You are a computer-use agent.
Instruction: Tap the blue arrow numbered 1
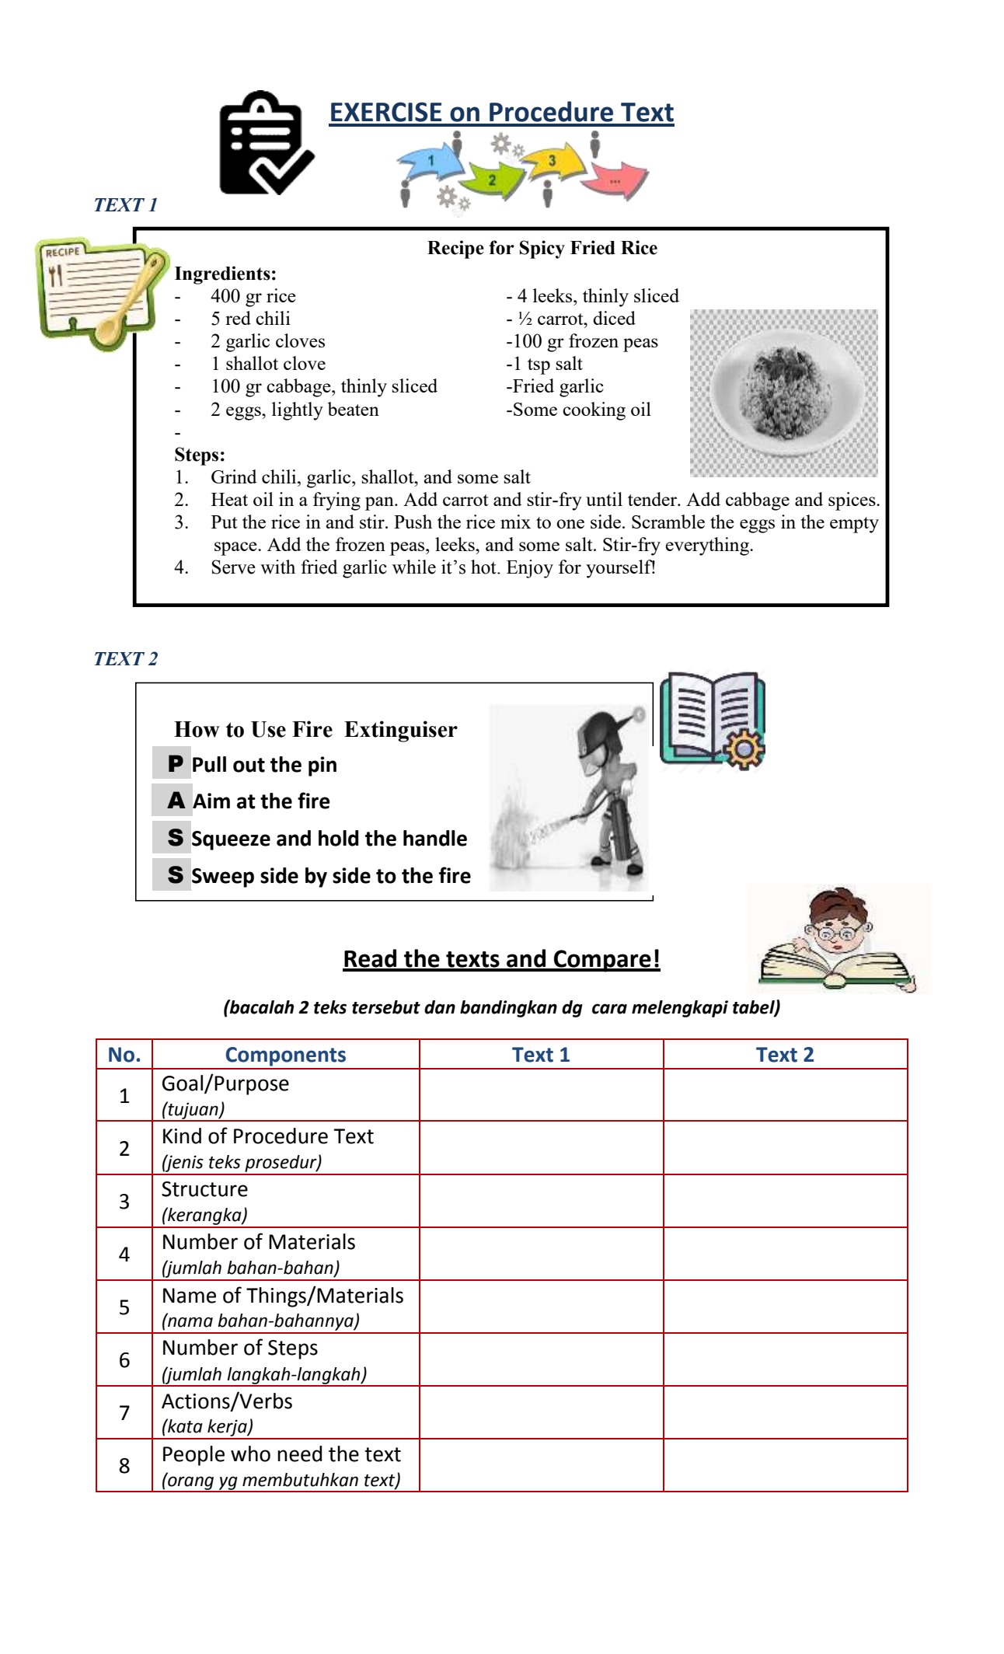coord(430,161)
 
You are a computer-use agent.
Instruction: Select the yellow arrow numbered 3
coord(553,160)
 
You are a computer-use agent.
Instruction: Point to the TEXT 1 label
coord(125,205)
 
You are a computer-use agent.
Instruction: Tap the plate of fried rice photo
coord(783,392)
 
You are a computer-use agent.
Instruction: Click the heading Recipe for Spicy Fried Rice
coord(542,248)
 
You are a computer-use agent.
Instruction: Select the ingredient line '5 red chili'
coord(250,319)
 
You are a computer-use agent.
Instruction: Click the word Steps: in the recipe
coord(200,455)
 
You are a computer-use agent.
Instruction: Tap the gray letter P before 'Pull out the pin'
coord(175,764)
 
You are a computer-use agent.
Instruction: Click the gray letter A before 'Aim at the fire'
coord(176,801)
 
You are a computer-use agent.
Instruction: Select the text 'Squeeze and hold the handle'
coord(329,839)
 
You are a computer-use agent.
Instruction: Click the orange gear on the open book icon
coord(743,748)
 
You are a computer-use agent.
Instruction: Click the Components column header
coord(285,1055)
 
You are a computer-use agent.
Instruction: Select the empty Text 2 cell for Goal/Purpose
coord(785,1094)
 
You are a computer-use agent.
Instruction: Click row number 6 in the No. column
coord(124,1359)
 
